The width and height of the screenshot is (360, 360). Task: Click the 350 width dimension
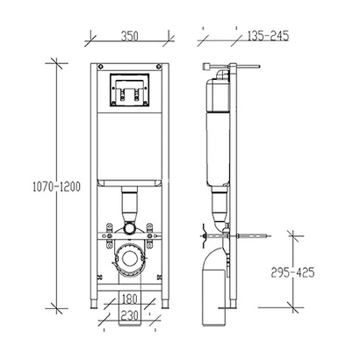(x=129, y=37)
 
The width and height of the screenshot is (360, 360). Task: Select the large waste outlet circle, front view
(x=129, y=261)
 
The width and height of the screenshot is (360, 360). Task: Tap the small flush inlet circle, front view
(x=129, y=227)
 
